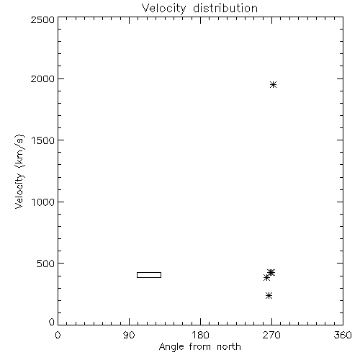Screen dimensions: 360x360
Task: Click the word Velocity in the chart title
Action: (163, 9)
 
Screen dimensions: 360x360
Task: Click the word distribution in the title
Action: (225, 8)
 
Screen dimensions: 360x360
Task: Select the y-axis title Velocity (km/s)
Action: (19, 171)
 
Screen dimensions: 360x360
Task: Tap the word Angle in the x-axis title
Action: (171, 347)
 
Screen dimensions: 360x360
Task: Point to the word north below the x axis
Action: (229, 346)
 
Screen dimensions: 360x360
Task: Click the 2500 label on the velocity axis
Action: (42, 19)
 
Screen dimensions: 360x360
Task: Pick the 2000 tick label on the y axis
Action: (42, 78)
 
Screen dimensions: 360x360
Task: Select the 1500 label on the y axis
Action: (43, 140)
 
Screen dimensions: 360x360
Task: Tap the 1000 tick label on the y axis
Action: (43, 202)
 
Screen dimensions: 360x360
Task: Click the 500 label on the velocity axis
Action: (46, 264)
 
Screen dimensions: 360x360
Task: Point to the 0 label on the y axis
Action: (52, 322)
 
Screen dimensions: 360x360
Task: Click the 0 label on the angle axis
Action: (58, 335)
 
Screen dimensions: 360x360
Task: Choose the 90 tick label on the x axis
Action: (129, 335)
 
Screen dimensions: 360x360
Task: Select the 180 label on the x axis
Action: (200, 335)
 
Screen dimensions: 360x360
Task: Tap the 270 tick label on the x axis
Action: (271, 335)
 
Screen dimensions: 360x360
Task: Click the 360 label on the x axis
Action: (343, 335)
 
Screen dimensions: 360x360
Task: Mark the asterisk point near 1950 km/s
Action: (273, 85)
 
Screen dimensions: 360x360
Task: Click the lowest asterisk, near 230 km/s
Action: (269, 295)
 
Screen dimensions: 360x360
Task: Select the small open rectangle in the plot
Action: (149, 272)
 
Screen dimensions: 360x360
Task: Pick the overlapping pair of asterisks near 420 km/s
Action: (271, 273)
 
